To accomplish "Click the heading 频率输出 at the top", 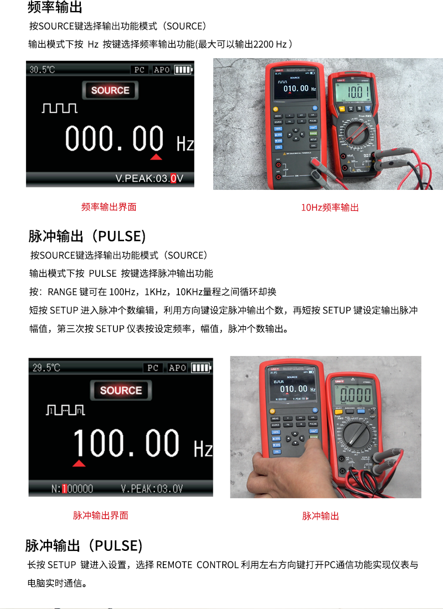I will point(55,8).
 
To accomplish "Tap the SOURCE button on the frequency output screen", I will point(110,90).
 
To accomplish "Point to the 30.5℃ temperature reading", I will point(42,70).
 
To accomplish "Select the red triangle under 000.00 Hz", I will point(156,157).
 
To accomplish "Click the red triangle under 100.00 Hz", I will point(79,463).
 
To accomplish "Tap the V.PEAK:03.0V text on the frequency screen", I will point(149,178).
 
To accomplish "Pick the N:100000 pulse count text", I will point(72,489).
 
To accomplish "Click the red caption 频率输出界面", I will point(109,207).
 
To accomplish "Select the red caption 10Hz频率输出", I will point(330,208).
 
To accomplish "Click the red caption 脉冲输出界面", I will point(101,515).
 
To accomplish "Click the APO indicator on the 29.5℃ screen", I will point(177,368).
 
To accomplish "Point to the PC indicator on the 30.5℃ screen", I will point(140,70).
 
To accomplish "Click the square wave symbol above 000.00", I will point(59,108).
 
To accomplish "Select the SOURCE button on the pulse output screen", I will point(121,390).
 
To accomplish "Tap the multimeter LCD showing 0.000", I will point(355,395).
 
